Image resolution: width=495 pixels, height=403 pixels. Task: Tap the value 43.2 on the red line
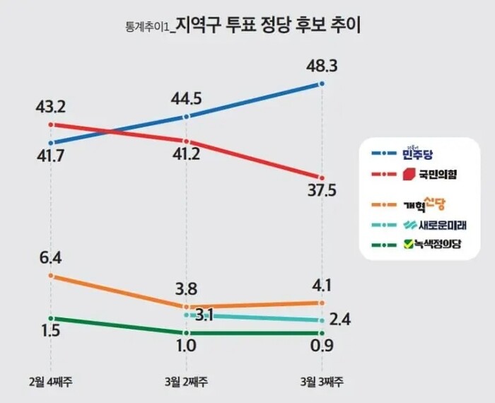coord(50,107)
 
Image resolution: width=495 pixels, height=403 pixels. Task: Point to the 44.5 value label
coord(187,98)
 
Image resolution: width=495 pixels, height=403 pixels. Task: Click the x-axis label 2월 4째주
coord(50,382)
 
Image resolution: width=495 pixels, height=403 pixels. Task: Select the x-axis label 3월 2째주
coord(186,382)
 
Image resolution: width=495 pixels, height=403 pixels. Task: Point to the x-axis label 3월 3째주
coord(322,382)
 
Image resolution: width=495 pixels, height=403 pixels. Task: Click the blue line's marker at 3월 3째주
coord(322,83)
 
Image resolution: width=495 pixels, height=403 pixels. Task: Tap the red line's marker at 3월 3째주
coord(322,177)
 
